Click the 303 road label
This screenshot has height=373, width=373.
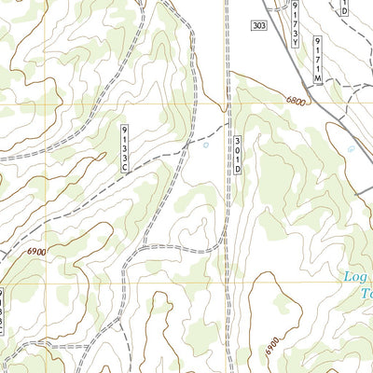click(x=258, y=27)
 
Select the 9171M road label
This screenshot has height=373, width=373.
click(x=317, y=61)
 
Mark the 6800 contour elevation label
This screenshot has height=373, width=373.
click(x=297, y=101)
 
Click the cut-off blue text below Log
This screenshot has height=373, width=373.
click(x=366, y=292)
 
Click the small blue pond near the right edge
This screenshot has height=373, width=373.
click(x=351, y=148)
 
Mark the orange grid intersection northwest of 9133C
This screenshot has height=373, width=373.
click(x=43, y=103)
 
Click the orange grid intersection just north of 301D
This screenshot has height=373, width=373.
click(x=228, y=103)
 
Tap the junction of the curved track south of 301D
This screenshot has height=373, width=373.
click(x=228, y=247)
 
